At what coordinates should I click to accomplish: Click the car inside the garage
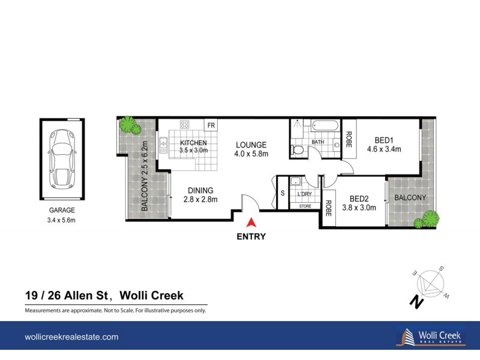[x=62, y=158]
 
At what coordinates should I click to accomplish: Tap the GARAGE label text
[x=62, y=210]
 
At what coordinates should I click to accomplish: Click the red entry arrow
[x=251, y=223]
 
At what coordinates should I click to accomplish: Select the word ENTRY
[x=251, y=236]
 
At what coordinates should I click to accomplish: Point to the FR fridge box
[x=211, y=125]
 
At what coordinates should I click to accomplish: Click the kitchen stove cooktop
[x=185, y=125]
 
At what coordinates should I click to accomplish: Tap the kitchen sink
[x=163, y=146]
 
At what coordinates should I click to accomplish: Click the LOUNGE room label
[x=251, y=145]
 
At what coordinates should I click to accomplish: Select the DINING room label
[x=192, y=191]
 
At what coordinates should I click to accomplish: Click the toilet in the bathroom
[x=295, y=149]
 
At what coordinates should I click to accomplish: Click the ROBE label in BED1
[x=349, y=139]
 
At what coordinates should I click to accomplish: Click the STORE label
[x=305, y=206]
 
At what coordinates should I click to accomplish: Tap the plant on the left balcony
[x=128, y=125]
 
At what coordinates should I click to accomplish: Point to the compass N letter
[x=414, y=302]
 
